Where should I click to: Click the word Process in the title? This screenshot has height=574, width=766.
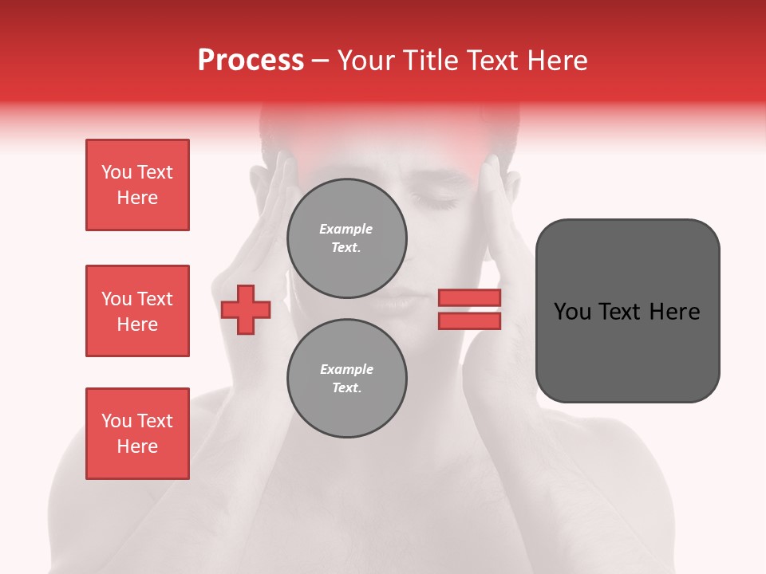[251, 61]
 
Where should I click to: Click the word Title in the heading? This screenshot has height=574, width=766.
[427, 61]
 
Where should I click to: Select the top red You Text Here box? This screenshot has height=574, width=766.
[137, 185]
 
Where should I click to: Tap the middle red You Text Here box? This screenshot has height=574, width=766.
[137, 311]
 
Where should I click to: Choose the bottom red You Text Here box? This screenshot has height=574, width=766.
[137, 434]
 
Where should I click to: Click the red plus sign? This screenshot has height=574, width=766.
[246, 310]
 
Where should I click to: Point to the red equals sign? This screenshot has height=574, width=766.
[469, 309]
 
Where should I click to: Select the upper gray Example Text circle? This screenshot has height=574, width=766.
[347, 238]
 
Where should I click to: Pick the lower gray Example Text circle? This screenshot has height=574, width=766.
[347, 379]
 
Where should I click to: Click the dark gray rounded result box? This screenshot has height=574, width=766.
[627, 311]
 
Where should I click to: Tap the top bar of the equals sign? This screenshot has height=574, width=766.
[469, 298]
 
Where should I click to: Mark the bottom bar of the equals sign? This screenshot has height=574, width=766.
[469, 320]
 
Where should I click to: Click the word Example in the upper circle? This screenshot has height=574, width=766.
[345, 229]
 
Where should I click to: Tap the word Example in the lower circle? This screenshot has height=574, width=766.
[346, 369]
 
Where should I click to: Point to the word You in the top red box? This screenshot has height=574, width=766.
[116, 172]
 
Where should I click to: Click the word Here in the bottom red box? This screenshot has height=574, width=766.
[137, 446]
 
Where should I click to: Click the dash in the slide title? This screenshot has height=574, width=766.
[321, 61]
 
